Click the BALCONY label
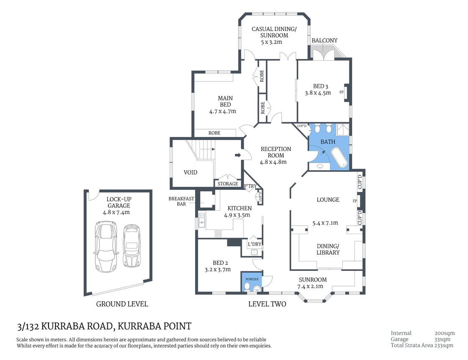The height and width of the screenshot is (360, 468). pyautogui.click(x=324, y=41)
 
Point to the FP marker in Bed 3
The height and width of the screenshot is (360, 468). pyautogui.click(x=341, y=92)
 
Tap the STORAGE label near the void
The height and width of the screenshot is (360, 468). pyautogui.click(x=228, y=184)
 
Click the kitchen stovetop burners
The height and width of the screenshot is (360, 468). pyautogui.click(x=218, y=234)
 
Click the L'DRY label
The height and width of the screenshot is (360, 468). pyautogui.click(x=254, y=244)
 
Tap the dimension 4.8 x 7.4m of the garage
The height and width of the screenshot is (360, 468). pyautogui.click(x=117, y=212)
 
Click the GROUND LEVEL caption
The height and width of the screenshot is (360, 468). pyautogui.click(x=122, y=304)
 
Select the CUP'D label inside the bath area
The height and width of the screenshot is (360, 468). pyautogui.click(x=302, y=126)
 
